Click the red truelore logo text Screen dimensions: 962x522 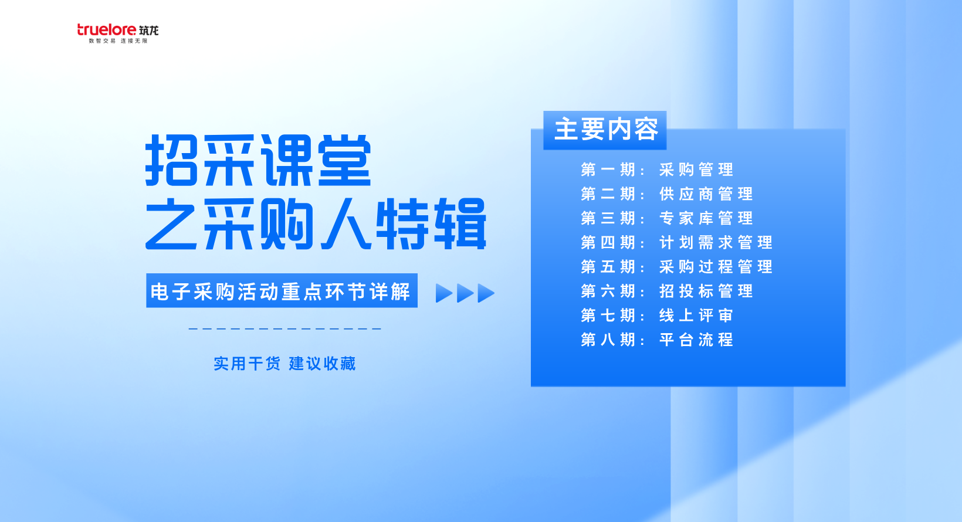point(107,30)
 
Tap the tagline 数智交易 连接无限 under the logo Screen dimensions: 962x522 point(118,41)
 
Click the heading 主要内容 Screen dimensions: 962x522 point(606,129)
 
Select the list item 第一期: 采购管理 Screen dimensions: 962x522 point(656,170)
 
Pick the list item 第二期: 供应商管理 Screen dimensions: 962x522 point(666,194)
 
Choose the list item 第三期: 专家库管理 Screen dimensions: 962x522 point(666,218)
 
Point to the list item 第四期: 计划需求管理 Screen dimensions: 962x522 point(676,243)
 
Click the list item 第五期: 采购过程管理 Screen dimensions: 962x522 point(676,267)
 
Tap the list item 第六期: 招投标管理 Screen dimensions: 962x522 point(666,291)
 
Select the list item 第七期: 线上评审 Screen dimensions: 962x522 point(656,316)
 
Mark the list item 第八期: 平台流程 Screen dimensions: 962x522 point(656,340)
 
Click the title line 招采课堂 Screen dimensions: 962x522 point(258,160)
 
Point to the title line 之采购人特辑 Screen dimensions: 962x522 point(316,223)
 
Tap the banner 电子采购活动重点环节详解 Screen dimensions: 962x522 point(282,291)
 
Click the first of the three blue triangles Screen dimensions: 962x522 point(443,293)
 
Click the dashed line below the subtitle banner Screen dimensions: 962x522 point(284,329)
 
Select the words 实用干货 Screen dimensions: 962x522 point(247,364)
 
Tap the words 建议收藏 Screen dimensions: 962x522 point(322,364)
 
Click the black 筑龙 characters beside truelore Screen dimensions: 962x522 point(148,30)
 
